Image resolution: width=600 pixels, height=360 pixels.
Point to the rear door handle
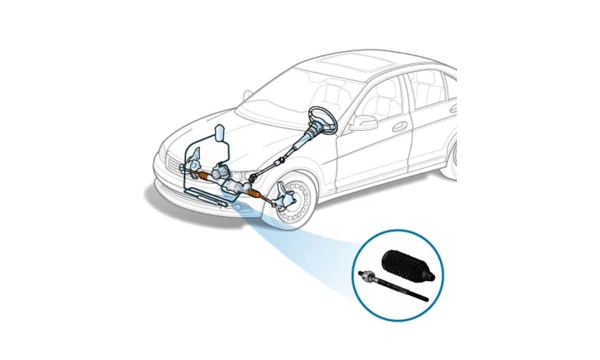453,108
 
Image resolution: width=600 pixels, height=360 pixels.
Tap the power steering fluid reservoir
218,132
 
